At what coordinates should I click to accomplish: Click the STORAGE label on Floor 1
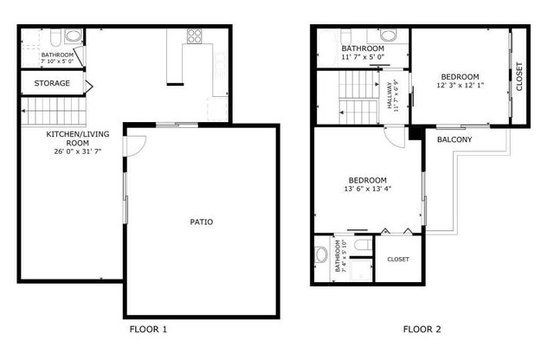(x=52, y=83)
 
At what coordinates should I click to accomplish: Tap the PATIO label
(x=202, y=222)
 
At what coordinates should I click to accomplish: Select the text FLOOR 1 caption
(x=148, y=330)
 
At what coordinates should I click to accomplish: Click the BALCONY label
(x=454, y=139)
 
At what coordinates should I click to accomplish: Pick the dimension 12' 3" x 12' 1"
(x=461, y=85)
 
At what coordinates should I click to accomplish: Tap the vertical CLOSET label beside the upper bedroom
(x=519, y=77)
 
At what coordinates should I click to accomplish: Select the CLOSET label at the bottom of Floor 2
(x=398, y=259)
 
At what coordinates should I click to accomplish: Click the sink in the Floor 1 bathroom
(x=72, y=37)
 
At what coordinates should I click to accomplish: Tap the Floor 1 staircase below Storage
(x=42, y=111)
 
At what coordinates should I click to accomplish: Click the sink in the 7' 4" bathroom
(x=321, y=255)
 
